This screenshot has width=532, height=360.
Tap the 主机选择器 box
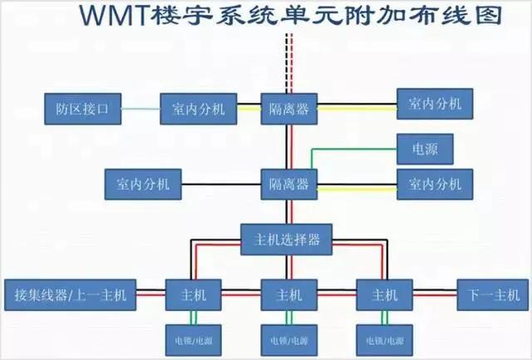[x=286, y=239]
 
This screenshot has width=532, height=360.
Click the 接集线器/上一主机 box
[x=71, y=294]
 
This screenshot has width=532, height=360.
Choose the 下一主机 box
[x=493, y=294]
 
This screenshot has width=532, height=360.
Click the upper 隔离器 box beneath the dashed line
[x=289, y=107]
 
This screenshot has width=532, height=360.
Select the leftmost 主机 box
[x=195, y=294]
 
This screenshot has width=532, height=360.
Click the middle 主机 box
[x=289, y=294]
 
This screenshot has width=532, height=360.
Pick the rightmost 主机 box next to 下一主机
[x=385, y=294]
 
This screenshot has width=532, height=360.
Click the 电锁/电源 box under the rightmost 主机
[x=385, y=339]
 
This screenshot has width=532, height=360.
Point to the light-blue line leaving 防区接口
[x=141, y=107]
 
